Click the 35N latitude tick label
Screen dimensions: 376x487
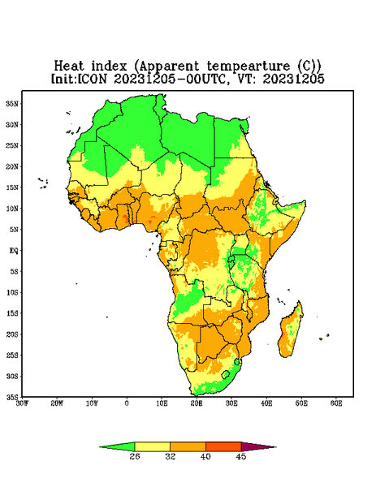12,103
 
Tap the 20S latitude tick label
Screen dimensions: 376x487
12,334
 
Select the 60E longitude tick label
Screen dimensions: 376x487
336,403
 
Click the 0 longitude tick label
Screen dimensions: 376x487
127,403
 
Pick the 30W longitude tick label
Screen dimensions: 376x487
22,403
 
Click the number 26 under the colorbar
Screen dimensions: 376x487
135,456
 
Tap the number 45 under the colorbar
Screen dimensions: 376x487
241,456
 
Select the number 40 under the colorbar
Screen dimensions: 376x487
205,456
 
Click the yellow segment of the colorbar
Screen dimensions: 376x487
152,446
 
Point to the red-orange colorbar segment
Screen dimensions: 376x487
223,446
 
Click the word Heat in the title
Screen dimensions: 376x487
69,67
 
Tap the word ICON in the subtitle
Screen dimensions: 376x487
92,79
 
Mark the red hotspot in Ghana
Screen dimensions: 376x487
125,218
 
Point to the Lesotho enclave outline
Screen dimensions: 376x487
226,374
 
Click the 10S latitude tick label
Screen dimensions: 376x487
12,292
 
